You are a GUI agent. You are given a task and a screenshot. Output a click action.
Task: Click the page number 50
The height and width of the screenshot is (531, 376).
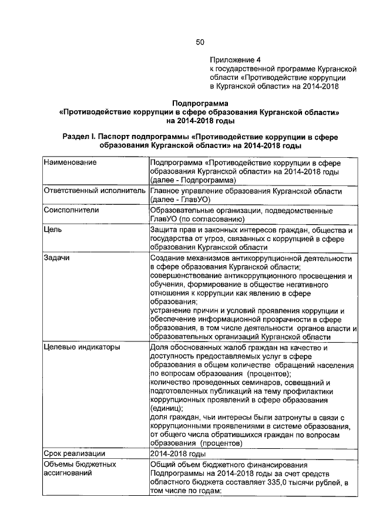(x=200, y=42)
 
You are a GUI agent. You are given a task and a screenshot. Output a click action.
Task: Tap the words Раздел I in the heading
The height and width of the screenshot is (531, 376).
(x=79, y=136)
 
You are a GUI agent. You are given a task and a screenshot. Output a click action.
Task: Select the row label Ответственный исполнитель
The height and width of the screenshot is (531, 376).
(x=94, y=191)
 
